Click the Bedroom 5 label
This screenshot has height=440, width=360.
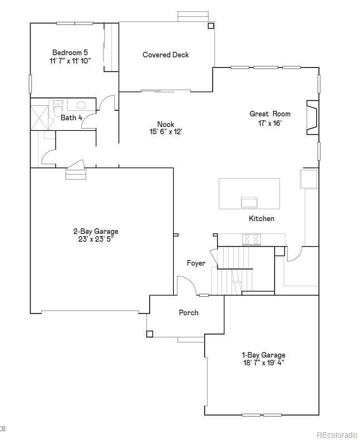click(70, 52)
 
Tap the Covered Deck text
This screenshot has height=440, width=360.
click(165, 55)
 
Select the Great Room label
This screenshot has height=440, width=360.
click(269, 114)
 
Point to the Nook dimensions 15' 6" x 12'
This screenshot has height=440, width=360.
click(165, 132)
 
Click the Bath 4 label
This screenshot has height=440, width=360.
click(71, 118)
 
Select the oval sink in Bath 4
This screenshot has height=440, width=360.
click(81, 105)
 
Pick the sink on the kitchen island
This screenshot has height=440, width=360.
click(249, 202)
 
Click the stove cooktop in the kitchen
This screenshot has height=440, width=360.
click(251, 239)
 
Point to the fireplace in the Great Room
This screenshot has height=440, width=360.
click(312, 118)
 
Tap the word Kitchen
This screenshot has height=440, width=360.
click(261, 219)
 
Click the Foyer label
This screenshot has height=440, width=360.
click(196, 263)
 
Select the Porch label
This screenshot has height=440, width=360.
click(188, 312)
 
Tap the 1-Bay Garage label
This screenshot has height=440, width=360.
click(263, 355)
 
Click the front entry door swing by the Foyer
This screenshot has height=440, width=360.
click(186, 285)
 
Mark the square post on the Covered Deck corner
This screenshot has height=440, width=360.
click(210, 26)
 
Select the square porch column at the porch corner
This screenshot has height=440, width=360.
click(149, 334)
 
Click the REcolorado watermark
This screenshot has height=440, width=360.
click(337, 434)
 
